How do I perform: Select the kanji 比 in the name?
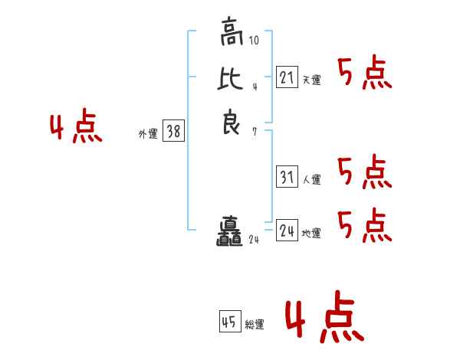pyautogui.click(x=231, y=80)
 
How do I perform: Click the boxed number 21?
pyautogui.click(x=287, y=77)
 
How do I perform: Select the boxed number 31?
pyautogui.click(x=287, y=177)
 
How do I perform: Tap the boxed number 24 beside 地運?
pyautogui.click(x=287, y=230)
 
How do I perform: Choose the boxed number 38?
pyautogui.click(x=173, y=132)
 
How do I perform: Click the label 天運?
pyautogui.click(x=311, y=80)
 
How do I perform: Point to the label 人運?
pyautogui.click(x=311, y=180)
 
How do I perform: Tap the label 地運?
pyautogui.click(x=311, y=234)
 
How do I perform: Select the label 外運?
pyautogui.click(x=148, y=134)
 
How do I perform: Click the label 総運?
pyautogui.click(x=255, y=325)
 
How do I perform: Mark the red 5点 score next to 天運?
pyautogui.click(x=365, y=74)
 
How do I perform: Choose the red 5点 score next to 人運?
pyautogui.click(x=365, y=172)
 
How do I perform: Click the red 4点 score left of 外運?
pyautogui.click(x=77, y=128)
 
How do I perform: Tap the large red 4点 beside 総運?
pyautogui.click(x=324, y=319)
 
